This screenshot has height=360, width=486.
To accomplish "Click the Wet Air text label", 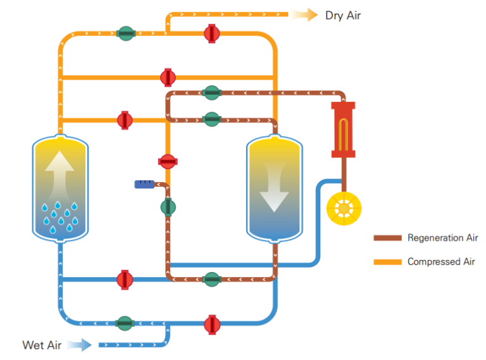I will coord(42,345).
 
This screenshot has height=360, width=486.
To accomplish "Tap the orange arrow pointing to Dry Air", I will coord(305,15).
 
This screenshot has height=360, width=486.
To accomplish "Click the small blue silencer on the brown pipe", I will coord(145,184).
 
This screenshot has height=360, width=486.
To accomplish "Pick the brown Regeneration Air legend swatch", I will coord(387,239).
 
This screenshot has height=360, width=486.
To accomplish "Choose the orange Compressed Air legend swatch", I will coord(387,261).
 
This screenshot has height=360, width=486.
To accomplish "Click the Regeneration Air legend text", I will coord(442,239).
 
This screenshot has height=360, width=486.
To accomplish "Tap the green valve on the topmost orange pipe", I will coord(126,33).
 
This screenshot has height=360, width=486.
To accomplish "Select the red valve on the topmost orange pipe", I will coord(211,33).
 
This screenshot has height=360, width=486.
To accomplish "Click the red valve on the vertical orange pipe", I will coord(168,161).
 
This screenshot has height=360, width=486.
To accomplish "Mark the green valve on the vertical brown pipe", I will coord(168,207).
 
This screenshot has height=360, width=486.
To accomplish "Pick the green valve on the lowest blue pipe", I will coord(125,323).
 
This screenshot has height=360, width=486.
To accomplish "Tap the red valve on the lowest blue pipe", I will coord(211,324).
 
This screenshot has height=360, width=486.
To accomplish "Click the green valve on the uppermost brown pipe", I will coord(211,93).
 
